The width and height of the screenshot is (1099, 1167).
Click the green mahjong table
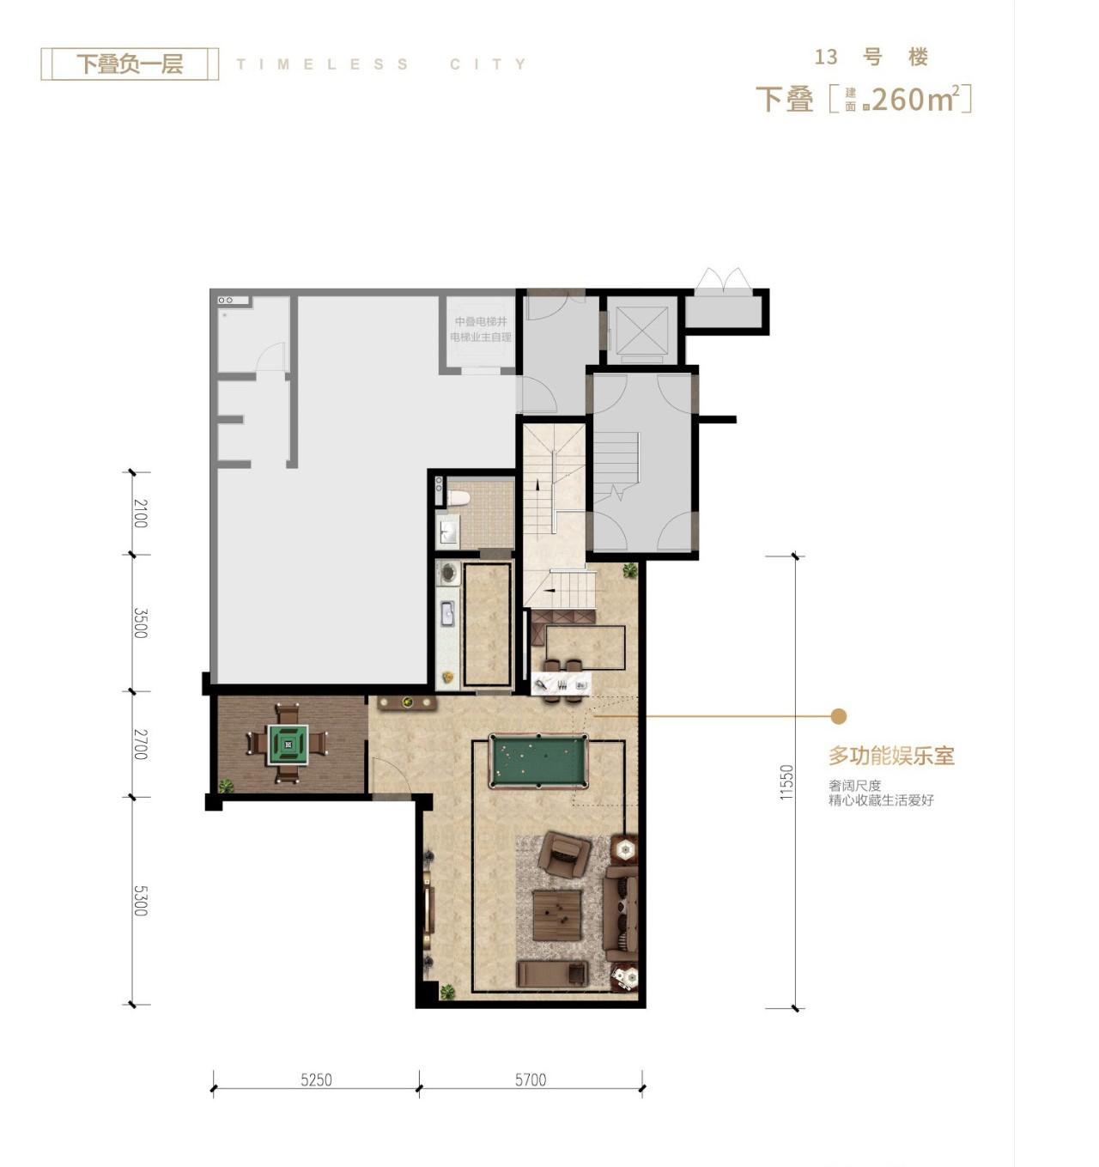tap(288, 745)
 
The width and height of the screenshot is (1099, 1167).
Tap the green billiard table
tap(537, 760)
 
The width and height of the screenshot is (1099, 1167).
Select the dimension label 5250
tap(316, 1080)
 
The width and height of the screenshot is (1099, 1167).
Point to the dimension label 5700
tap(530, 1080)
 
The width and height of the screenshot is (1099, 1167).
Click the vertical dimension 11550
tap(787, 781)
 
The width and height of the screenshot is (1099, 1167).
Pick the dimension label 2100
tap(140, 513)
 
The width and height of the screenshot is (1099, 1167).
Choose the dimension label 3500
tap(140, 623)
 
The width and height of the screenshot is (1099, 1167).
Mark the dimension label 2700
tap(140, 744)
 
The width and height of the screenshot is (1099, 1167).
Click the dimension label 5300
tap(140, 900)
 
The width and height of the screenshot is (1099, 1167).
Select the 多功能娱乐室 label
tap(891, 756)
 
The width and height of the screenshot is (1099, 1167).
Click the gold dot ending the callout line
tap(839, 716)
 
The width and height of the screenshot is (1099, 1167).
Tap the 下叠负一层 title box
tap(130, 64)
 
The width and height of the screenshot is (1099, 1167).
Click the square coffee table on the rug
tap(557, 915)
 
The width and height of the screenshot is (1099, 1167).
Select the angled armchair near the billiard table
tap(563, 852)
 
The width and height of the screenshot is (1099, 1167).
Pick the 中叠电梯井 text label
tap(481, 321)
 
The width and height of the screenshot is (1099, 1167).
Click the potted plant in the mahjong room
tap(225, 785)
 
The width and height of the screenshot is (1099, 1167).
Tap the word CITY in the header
tap(488, 64)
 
